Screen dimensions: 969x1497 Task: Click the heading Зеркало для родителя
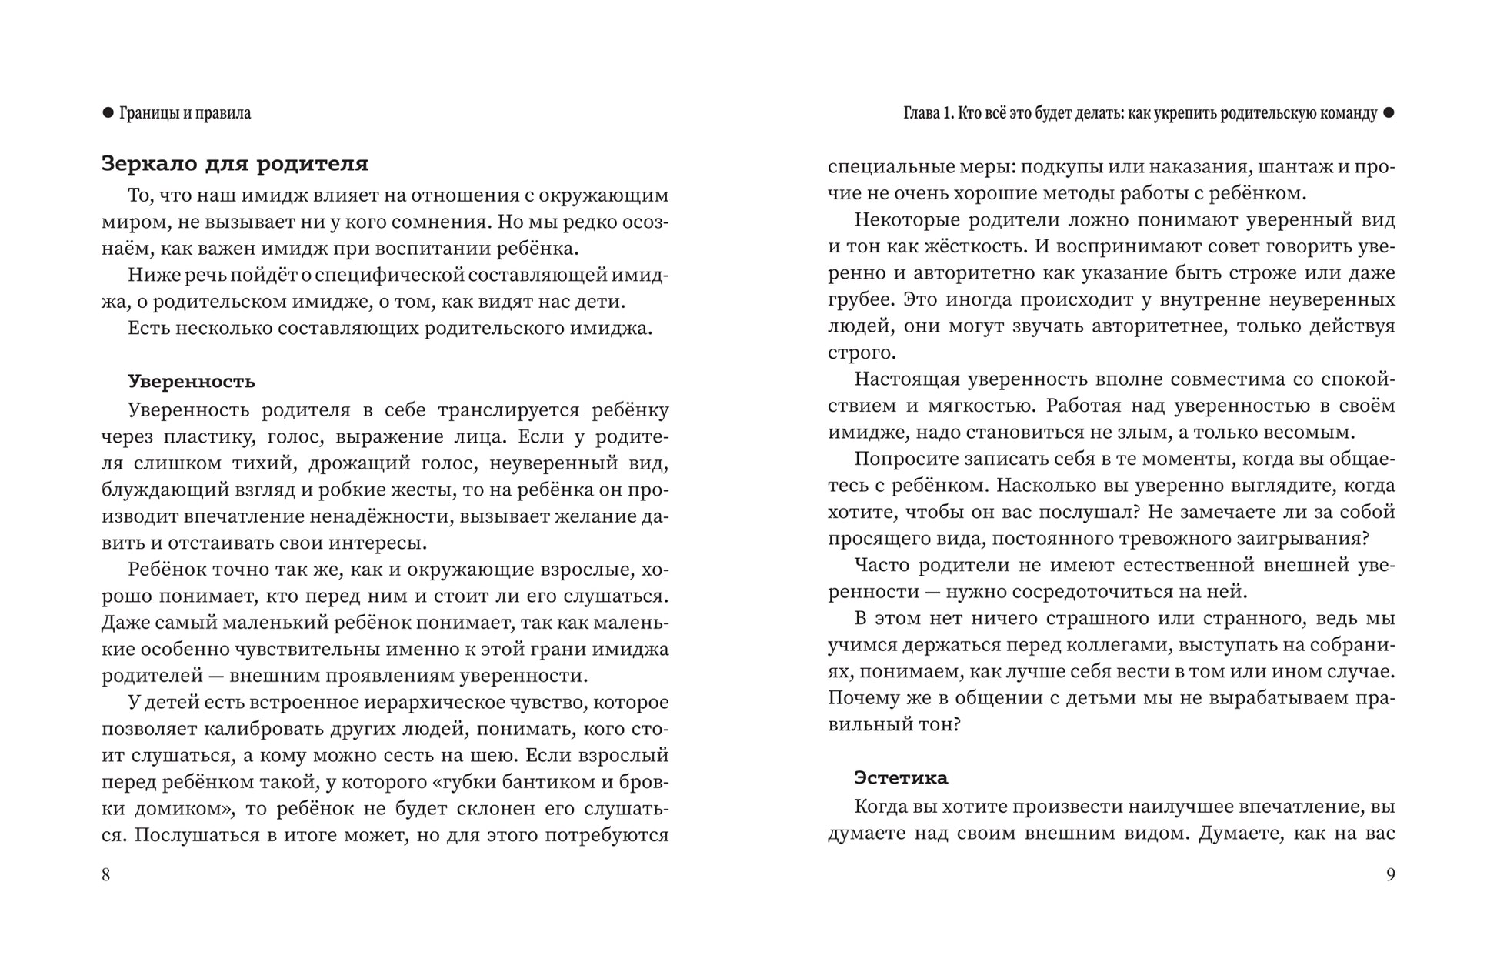click(235, 164)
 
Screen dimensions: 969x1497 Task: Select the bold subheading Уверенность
click(191, 382)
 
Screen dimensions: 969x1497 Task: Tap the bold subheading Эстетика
click(901, 777)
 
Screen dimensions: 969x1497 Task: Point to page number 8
click(106, 875)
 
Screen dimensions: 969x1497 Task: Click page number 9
click(1390, 875)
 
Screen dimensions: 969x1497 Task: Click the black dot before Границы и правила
click(108, 113)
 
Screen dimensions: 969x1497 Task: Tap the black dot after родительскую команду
click(1389, 113)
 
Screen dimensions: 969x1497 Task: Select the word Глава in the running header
click(922, 114)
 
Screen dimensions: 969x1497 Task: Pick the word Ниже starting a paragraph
click(149, 276)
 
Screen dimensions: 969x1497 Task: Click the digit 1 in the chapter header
click(949, 114)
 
